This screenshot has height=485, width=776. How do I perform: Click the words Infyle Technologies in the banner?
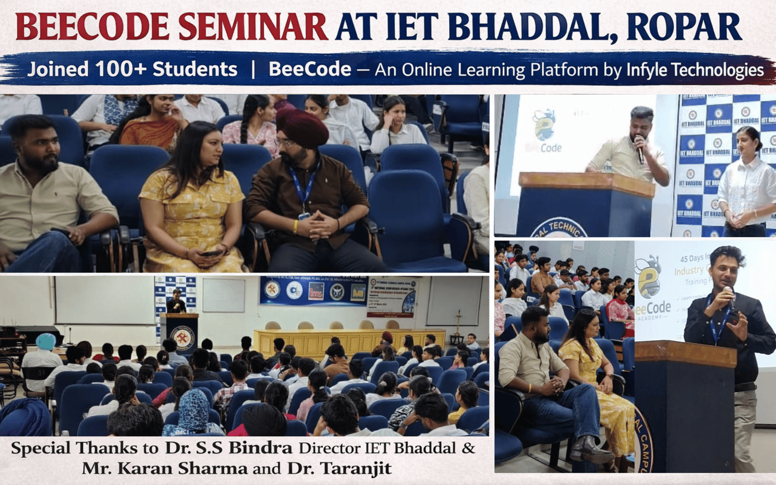[695, 70]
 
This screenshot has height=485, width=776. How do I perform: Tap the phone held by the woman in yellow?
[211, 253]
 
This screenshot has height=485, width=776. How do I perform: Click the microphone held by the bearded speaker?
[639, 148]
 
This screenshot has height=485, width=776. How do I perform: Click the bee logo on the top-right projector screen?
[544, 125]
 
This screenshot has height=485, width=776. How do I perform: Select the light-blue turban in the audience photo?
[45, 341]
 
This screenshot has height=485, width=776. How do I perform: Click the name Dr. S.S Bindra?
[228, 448]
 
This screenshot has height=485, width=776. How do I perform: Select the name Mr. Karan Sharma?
[164, 469]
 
